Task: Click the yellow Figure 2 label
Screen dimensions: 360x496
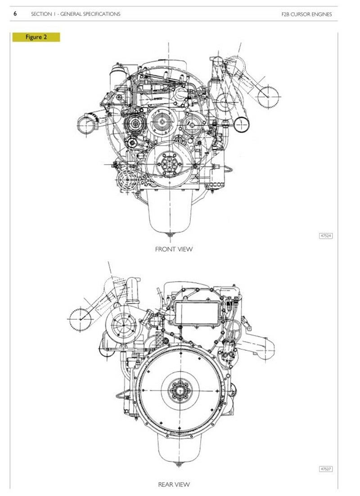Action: pyautogui.click(x=36, y=37)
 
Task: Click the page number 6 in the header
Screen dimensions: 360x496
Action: pyautogui.click(x=15, y=13)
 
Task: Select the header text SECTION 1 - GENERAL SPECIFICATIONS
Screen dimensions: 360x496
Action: pyautogui.click(x=76, y=14)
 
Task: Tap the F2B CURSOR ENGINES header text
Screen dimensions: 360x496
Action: pyautogui.click(x=306, y=14)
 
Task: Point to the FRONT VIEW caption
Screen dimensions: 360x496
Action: pyautogui.click(x=174, y=249)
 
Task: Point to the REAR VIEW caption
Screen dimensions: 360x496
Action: pyautogui.click(x=174, y=484)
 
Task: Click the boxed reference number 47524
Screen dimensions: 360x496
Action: pyautogui.click(x=326, y=236)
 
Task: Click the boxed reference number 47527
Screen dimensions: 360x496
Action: pyautogui.click(x=326, y=469)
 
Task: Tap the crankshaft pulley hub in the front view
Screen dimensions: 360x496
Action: pyautogui.click(x=169, y=164)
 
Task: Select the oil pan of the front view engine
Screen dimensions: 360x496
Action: pyautogui.click(x=170, y=210)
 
